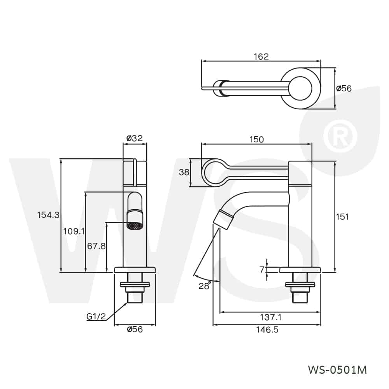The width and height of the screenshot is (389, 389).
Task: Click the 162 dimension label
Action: [261, 56]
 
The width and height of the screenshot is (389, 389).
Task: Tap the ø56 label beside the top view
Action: [344, 88]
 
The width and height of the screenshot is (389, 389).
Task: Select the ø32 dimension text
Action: [135, 138]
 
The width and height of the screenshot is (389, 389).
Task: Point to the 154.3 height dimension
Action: [48, 215]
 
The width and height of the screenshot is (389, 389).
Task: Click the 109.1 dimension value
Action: [74, 231]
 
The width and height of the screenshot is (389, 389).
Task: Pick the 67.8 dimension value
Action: [96, 246]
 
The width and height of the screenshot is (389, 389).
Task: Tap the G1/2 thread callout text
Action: [96, 316]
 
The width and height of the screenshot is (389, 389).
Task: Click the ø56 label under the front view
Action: [135, 329]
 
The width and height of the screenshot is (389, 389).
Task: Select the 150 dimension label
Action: [256, 139]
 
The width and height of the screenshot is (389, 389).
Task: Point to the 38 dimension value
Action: [184, 172]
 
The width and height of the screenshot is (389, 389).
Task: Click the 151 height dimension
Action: [342, 217]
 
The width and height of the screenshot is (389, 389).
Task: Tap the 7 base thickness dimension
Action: [262, 269]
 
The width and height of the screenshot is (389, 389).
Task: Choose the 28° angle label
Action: [205, 286]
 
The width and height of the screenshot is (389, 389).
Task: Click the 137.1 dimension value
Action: [271, 317]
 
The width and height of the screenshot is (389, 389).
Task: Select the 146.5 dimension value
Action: [267, 330]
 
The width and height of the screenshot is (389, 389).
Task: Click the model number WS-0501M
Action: [337, 370]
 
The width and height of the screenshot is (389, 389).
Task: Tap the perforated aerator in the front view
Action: [135, 225]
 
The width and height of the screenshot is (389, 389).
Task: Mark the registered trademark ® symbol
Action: [340, 137]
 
